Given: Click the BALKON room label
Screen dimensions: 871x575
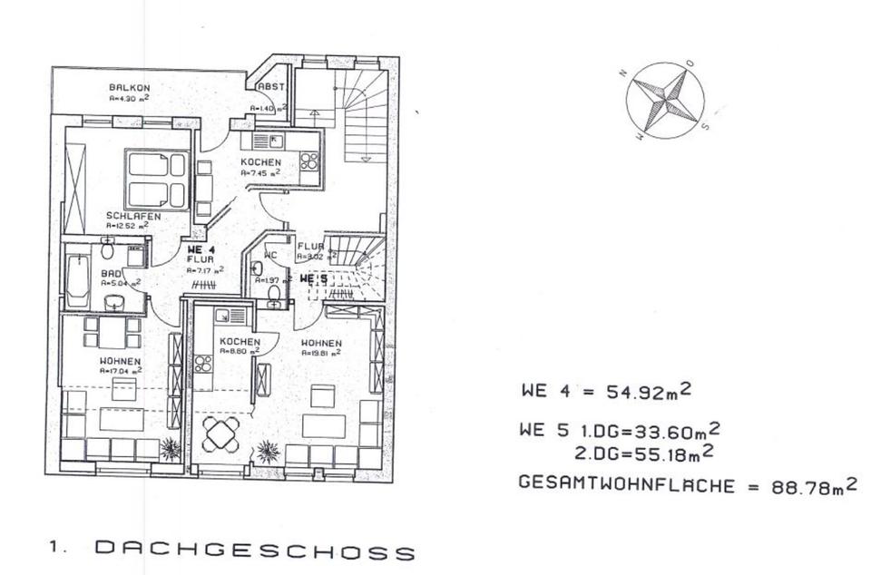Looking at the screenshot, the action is point(123,87).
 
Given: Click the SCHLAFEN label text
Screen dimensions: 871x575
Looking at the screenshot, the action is point(133,217).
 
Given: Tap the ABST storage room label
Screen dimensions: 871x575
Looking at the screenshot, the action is point(271,87).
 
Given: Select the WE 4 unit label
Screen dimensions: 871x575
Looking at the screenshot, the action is point(201,249).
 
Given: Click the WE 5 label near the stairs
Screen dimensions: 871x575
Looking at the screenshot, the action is point(313,280).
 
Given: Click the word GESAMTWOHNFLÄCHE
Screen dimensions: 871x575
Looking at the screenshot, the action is point(626,484).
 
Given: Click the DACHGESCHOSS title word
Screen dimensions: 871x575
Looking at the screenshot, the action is point(255,551).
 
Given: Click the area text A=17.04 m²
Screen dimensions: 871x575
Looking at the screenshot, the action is point(120,371).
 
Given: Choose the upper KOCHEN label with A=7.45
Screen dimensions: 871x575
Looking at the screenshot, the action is point(260,162).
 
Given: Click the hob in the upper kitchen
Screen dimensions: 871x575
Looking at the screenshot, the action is point(309,161).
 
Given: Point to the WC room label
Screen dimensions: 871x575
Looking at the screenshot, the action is point(269,255).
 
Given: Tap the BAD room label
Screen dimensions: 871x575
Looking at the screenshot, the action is point(113,273).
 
